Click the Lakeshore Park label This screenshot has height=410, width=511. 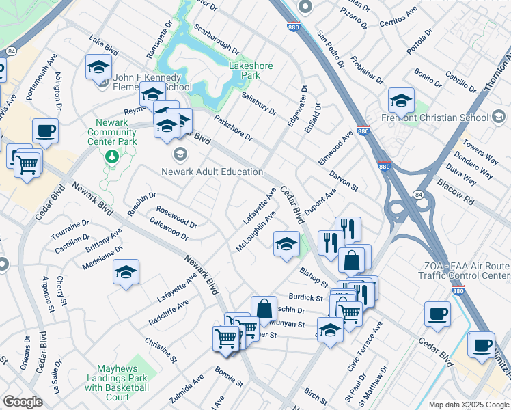point(250,70)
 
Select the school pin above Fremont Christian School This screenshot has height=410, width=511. point(401,100)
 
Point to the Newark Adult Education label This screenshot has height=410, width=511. point(212,172)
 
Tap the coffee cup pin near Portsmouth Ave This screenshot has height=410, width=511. point(45,131)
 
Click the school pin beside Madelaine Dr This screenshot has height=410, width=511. point(126,272)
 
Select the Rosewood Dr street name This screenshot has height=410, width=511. point(176,217)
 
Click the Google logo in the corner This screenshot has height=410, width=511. point(23,402)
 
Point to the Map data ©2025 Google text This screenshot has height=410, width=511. point(469,405)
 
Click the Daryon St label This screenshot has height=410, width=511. point(344,180)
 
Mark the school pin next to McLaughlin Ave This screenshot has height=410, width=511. point(286,245)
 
